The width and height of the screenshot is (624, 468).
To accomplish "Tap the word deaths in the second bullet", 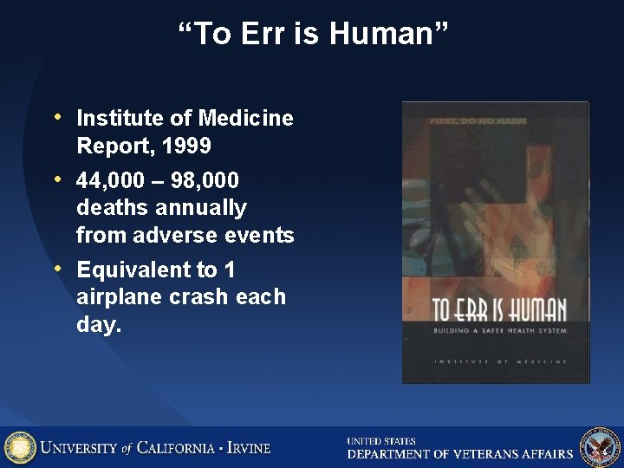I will tap(110, 208).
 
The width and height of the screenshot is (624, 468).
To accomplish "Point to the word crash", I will tap(204, 296).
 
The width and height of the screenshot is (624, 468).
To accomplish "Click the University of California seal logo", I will tap(20, 447).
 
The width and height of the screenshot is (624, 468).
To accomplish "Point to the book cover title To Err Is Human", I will tap(498, 310).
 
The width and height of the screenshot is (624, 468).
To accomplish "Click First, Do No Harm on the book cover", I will tap(478, 121).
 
